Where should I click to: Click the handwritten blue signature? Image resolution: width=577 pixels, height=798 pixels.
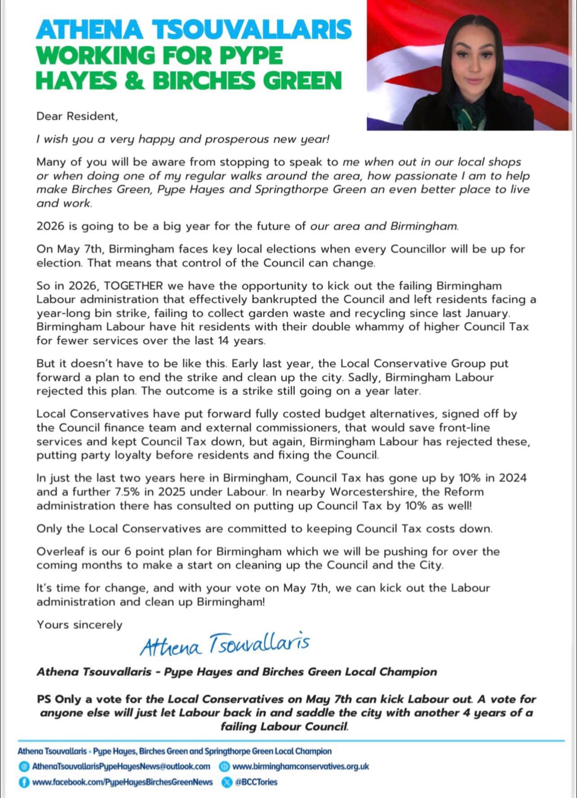click(x=224, y=645)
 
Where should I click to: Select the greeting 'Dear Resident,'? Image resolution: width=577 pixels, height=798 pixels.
click(x=77, y=116)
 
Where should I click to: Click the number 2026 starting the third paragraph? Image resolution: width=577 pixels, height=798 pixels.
click(x=50, y=226)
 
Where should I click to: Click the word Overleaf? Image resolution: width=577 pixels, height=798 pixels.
click(x=58, y=551)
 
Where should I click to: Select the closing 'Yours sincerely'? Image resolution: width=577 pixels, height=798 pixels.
click(x=80, y=625)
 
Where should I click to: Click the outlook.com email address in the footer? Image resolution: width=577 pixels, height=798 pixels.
click(x=121, y=766)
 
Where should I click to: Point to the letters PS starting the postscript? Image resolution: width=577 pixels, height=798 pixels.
click(x=45, y=699)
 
